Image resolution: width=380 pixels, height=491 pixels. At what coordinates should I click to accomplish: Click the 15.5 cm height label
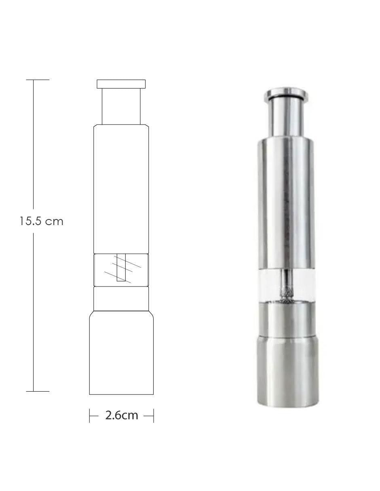tap(41, 221)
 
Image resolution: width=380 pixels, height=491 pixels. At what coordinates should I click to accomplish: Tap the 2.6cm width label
tap(122, 415)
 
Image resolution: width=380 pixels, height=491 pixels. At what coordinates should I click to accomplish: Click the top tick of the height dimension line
tap(38, 80)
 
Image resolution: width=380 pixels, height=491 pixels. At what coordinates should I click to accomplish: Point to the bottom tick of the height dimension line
tap(38, 391)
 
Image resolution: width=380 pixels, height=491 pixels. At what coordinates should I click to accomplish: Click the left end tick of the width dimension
tap(90, 415)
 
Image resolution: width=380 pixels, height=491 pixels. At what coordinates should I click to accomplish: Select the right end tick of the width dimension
tap(154, 415)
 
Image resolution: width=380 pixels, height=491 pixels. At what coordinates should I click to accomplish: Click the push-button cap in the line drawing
tap(121, 84)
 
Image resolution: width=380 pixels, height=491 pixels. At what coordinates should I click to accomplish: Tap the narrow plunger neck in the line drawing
tap(121, 106)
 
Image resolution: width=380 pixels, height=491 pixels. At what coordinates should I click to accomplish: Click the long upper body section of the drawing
tap(121, 189)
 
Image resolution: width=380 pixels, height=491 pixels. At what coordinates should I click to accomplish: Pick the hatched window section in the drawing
tap(121, 270)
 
